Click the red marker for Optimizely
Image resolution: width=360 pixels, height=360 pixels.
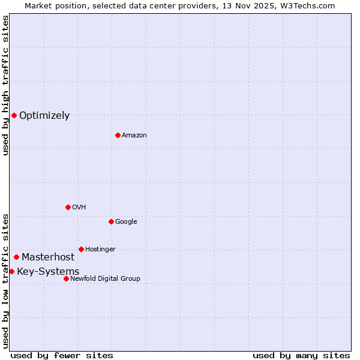(14, 115)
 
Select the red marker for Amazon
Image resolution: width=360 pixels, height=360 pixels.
(118, 135)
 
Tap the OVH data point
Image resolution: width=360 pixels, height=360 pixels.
(68, 207)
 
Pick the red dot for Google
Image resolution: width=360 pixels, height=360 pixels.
(111, 221)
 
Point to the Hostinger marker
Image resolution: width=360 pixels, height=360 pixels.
(81, 249)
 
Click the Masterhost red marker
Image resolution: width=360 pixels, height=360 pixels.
(16, 257)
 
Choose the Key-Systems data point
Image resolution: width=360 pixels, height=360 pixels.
(11, 271)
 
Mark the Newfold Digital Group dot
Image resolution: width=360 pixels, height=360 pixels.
(66, 278)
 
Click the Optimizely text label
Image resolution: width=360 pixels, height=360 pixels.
(44, 116)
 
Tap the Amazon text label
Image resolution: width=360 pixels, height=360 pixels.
(134, 135)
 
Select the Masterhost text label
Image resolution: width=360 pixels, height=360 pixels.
(48, 257)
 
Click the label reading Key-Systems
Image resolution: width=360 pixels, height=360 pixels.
(48, 272)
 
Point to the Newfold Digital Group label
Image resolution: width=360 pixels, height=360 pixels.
(105, 278)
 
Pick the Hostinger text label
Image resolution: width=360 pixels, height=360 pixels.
(100, 249)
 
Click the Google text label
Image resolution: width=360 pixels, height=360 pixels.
(126, 221)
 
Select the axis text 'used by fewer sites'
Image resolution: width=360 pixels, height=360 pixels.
(62, 355)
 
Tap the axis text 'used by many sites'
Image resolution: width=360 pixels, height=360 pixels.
(301, 355)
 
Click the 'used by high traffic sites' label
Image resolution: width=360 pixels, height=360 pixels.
(5, 85)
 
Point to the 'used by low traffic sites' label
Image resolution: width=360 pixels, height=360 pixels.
(5, 280)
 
